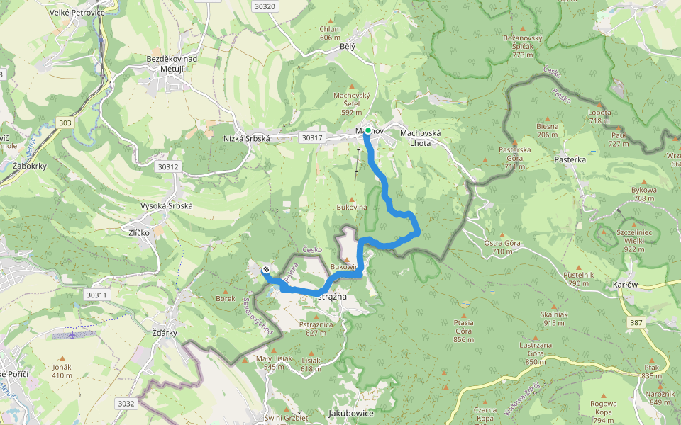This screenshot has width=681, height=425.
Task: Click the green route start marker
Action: click(367, 130)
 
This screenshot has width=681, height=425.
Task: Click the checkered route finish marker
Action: click(265, 269)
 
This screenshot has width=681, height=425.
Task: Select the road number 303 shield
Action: click(65, 123)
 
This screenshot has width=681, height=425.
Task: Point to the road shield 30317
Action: click(311, 137)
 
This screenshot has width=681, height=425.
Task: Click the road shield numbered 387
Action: click(635, 322)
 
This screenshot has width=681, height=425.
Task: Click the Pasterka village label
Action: click(570, 160)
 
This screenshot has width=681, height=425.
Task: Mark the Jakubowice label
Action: click(350, 413)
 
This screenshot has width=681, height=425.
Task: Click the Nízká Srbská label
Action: click(247, 139)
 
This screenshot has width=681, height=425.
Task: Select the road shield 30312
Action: click(168, 167)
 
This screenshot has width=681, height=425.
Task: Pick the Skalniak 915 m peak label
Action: click(554, 318)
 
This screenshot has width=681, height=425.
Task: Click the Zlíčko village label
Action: click(143, 232)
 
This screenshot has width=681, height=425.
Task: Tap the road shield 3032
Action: click(126, 404)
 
